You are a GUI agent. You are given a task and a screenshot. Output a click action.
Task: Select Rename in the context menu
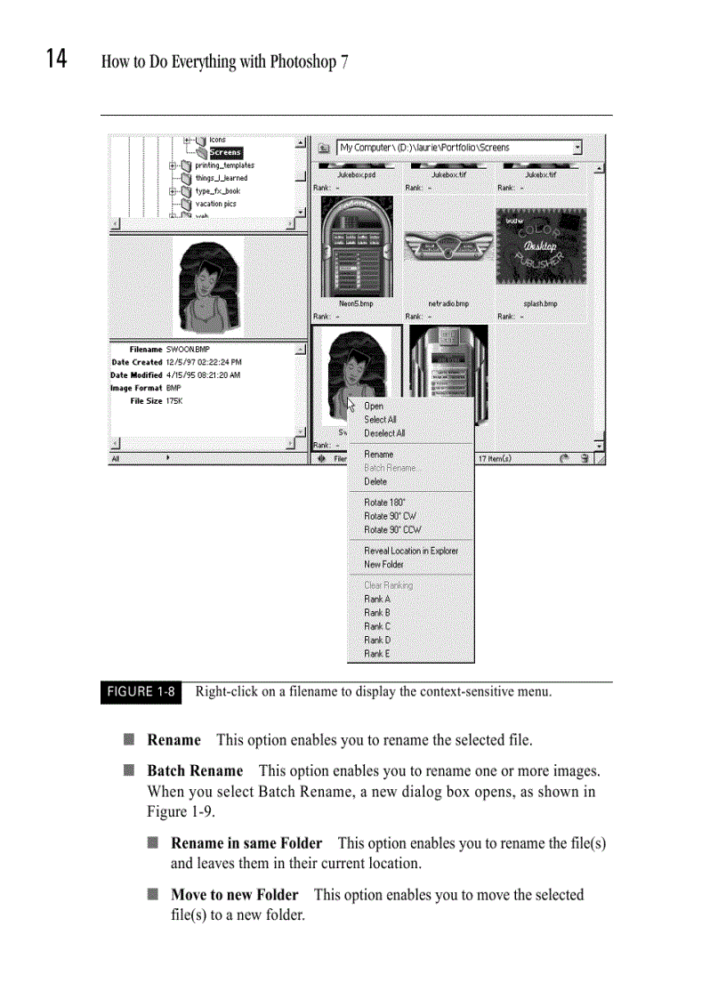(x=378, y=455)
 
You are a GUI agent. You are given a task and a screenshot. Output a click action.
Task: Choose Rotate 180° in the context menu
(x=384, y=503)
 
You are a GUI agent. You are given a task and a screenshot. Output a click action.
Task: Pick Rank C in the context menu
(x=377, y=626)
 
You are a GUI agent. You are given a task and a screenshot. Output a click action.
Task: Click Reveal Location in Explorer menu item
(x=411, y=551)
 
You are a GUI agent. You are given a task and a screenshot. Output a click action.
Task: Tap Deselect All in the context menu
(x=384, y=433)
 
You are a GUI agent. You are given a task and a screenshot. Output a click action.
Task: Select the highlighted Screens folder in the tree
(x=225, y=153)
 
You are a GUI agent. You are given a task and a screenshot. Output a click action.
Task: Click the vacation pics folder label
(x=215, y=204)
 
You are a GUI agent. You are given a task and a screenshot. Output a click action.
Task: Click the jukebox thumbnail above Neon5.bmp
(x=355, y=246)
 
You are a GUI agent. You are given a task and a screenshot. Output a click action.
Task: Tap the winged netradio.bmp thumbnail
(x=448, y=250)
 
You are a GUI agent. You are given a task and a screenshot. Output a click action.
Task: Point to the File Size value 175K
(x=173, y=401)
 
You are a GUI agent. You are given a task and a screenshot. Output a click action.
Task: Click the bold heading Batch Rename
(x=195, y=770)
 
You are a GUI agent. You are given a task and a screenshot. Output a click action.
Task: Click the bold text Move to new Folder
(x=234, y=894)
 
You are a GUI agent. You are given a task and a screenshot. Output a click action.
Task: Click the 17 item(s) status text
(x=494, y=459)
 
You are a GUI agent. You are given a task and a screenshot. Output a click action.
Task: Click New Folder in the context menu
(x=383, y=565)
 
